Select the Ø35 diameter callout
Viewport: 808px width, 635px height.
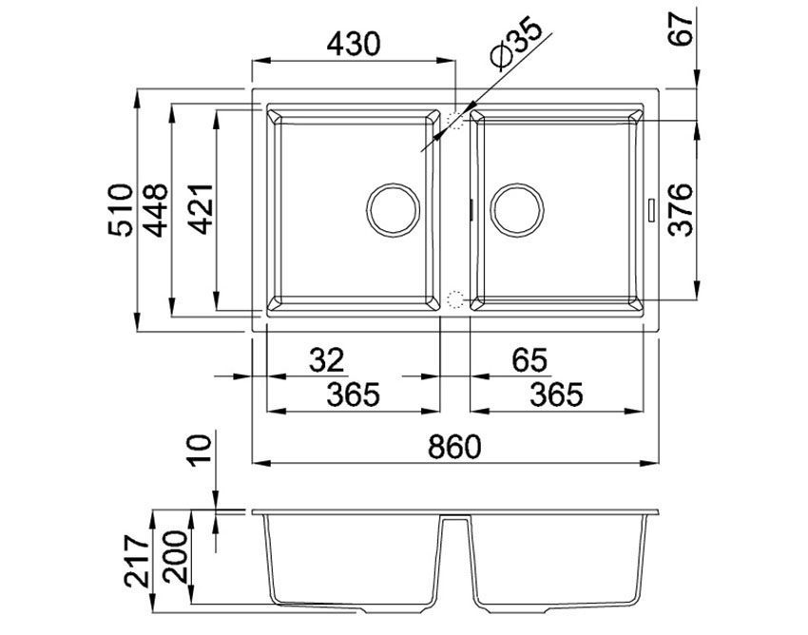(517, 43)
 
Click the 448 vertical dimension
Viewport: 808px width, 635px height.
(156, 209)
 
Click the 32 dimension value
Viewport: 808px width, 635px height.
(328, 359)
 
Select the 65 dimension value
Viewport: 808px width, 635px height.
(529, 359)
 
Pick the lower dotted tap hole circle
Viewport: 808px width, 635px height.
(456, 299)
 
